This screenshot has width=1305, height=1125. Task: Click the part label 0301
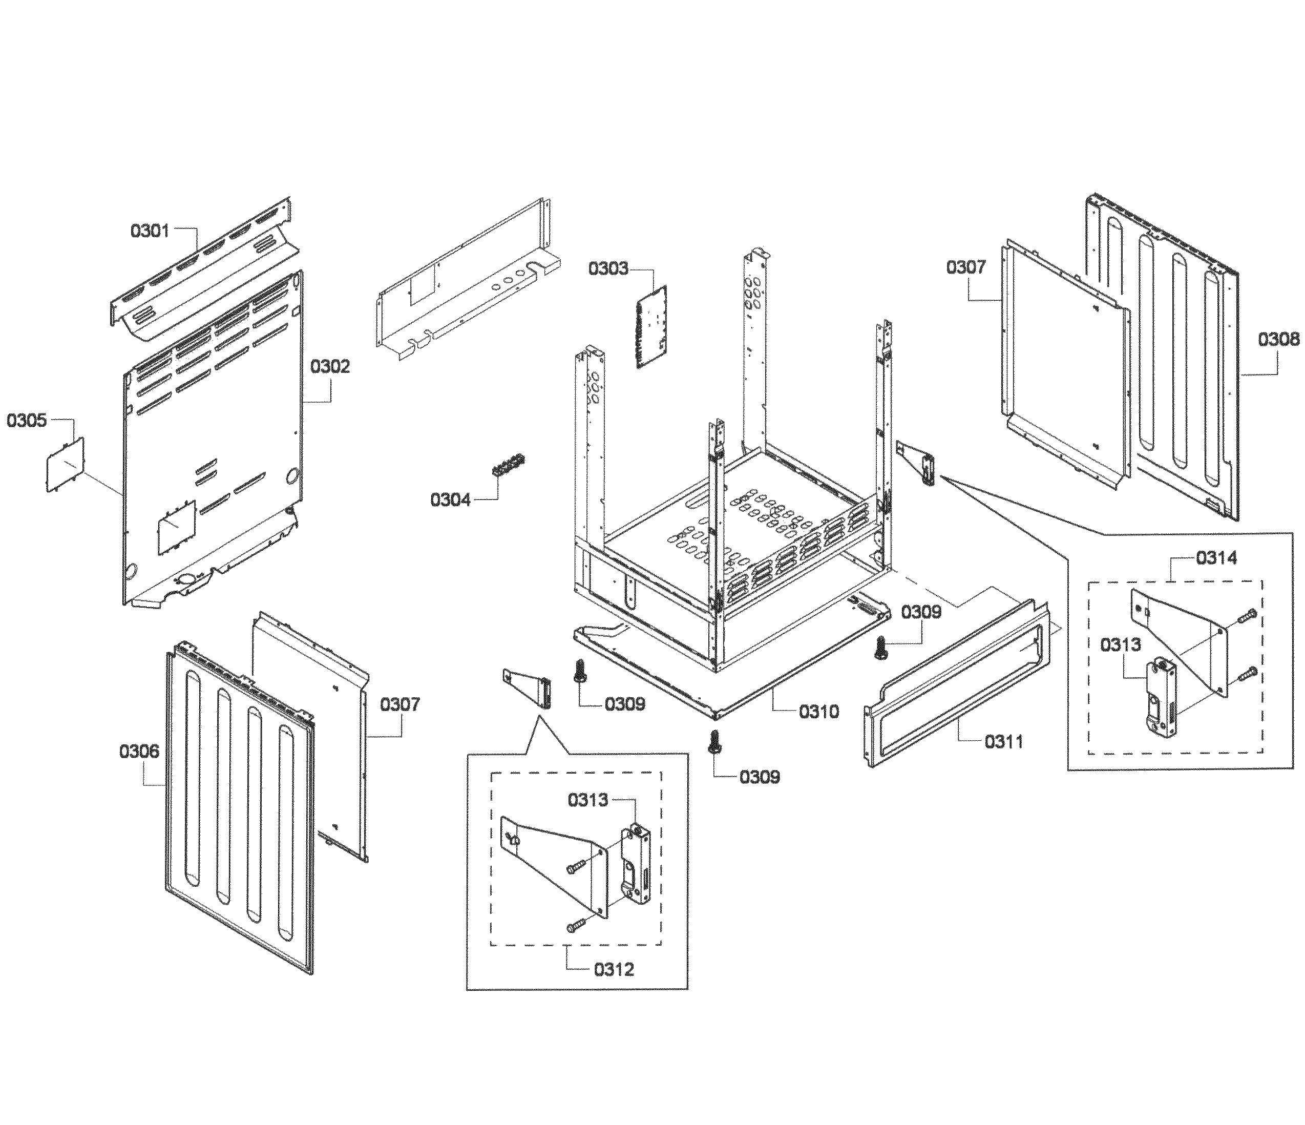150,231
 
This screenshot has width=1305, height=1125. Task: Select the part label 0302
329,367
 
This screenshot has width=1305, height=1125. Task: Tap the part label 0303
608,269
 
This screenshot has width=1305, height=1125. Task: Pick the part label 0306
139,751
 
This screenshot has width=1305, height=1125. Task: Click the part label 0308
1278,340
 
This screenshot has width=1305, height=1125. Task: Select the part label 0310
819,712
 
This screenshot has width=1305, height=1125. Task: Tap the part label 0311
1004,742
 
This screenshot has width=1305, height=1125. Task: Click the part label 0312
614,969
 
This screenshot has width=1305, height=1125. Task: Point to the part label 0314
1216,557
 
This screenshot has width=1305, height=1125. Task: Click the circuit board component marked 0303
651,327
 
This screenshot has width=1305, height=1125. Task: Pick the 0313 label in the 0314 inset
1121,644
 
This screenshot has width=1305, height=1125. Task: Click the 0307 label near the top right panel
965,268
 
